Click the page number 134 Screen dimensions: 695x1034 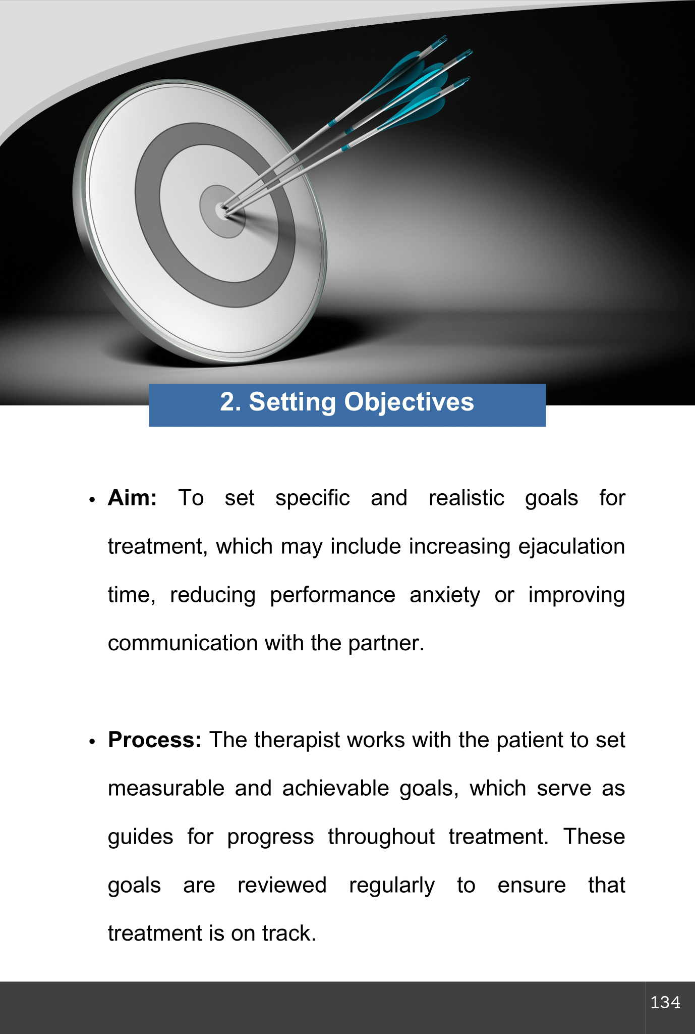pyautogui.click(x=665, y=1002)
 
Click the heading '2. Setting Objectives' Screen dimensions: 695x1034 pyautogui.click(x=347, y=402)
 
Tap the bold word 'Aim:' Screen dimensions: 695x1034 pyautogui.click(x=132, y=498)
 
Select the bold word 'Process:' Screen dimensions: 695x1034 pyautogui.click(x=155, y=740)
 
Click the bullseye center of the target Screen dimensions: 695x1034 pyautogui.click(x=222, y=211)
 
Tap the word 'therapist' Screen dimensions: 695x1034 pyautogui.click(x=297, y=741)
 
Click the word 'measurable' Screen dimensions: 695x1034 pyautogui.click(x=166, y=788)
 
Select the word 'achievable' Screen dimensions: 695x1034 pyautogui.click(x=335, y=788)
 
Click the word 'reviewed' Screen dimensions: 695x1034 pyautogui.click(x=282, y=885)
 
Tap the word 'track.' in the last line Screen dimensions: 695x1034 pyautogui.click(x=289, y=934)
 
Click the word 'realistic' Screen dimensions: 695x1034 pyautogui.click(x=467, y=498)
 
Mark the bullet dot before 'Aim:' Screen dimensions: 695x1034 pyautogui.click(x=92, y=500)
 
